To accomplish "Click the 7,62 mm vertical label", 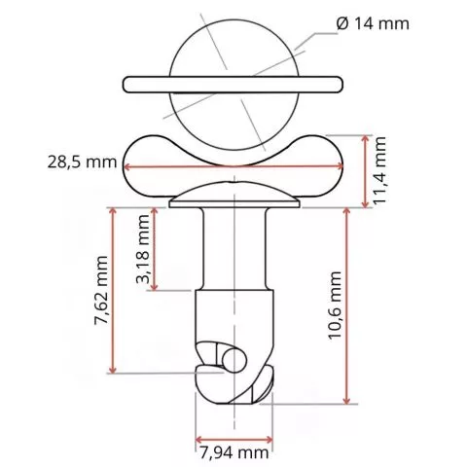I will pos(97,291).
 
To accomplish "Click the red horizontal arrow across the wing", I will pos(233,170).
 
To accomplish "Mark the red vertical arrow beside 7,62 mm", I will pos(115,290).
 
